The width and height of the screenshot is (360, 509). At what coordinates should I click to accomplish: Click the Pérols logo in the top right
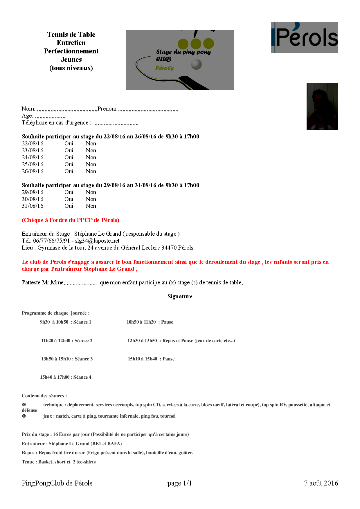(x=304, y=37)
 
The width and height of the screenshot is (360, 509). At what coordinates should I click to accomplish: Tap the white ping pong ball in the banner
(x=196, y=64)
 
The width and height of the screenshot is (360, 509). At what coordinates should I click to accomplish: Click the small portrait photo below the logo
(x=322, y=107)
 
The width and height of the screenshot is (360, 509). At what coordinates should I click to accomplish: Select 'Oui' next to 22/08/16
(x=69, y=144)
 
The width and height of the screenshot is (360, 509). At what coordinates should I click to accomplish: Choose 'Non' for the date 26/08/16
(x=91, y=172)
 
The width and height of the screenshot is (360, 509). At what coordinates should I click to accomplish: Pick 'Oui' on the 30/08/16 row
(x=69, y=199)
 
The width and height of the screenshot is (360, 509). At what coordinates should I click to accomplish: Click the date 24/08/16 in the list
(x=33, y=158)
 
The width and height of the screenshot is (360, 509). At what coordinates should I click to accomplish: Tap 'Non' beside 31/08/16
(x=91, y=206)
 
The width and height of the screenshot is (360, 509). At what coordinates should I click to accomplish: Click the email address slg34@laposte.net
(x=97, y=241)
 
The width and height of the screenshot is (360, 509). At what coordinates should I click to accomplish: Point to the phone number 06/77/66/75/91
(x=51, y=241)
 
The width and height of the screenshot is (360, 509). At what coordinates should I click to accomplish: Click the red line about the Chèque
(x=71, y=220)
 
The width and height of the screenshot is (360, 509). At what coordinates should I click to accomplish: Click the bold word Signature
(x=180, y=297)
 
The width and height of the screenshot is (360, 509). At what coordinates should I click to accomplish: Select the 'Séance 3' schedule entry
(x=84, y=359)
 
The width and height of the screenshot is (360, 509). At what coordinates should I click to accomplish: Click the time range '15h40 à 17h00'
(x=55, y=377)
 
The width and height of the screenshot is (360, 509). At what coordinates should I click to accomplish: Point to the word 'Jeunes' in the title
(x=71, y=60)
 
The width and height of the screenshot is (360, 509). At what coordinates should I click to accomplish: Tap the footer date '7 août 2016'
(x=321, y=483)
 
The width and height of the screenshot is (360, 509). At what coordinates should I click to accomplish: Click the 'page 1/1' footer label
(x=179, y=483)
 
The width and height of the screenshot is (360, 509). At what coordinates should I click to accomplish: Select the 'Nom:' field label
(x=28, y=109)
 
